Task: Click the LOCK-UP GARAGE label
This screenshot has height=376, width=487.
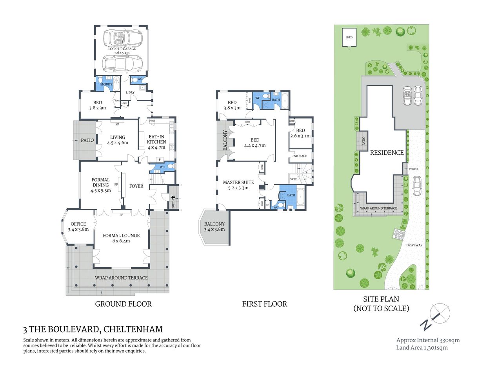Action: [x=122, y=49]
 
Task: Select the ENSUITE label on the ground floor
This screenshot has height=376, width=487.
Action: [x=106, y=84]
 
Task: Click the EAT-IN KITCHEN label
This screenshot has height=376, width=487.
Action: [x=156, y=139]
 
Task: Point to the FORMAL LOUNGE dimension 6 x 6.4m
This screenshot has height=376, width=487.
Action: [x=121, y=241]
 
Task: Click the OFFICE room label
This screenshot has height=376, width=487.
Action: [x=78, y=224]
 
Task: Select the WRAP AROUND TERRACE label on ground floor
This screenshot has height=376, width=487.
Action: [x=121, y=278]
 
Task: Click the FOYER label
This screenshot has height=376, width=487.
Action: [x=136, y=186]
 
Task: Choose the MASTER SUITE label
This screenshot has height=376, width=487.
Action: [x=238, y=183]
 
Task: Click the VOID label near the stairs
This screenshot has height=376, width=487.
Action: [x=294, y=179]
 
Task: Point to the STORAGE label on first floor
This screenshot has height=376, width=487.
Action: [x=300, y=156]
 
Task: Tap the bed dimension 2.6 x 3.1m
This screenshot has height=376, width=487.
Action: [x=300, y=136]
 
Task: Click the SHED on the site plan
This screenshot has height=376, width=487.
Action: [x=349, y=37]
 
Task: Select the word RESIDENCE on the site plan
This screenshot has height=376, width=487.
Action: [x=387, y=153]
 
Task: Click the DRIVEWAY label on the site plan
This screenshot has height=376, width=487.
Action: [x=414, y=245]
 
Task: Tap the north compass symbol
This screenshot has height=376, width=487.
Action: [x=436, y=316]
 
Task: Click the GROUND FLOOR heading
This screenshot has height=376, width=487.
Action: [x=123, y=304]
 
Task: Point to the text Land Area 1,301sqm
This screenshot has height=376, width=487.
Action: [x=422, y=347]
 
